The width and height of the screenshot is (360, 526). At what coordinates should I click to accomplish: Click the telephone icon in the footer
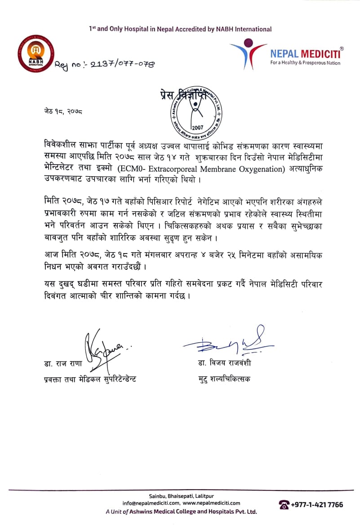284,505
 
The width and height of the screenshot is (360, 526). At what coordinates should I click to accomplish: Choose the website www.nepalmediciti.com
212,503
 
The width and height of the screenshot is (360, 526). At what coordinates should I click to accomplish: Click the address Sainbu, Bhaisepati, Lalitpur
182,495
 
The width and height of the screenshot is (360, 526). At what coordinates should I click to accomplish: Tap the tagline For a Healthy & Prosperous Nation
305,63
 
